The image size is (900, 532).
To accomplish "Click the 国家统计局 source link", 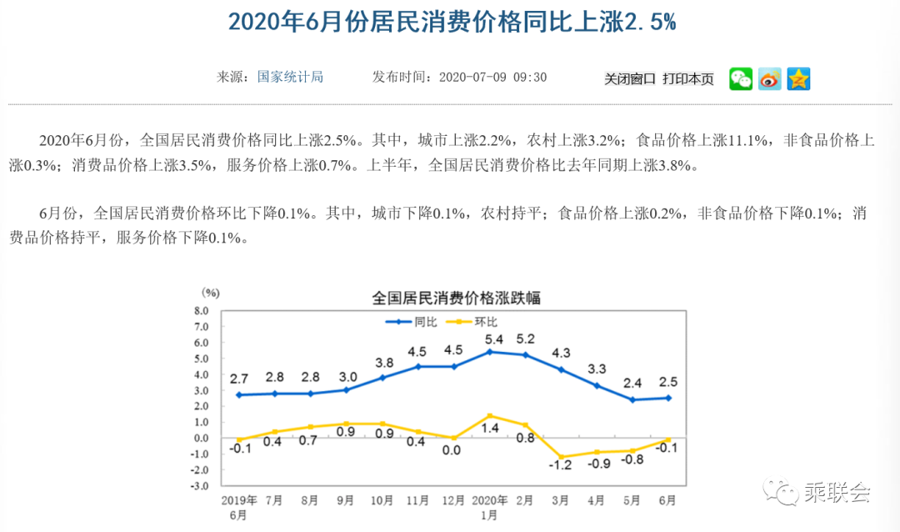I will (x=290, y=78).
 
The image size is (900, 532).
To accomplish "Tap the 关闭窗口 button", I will (x=630, y=79).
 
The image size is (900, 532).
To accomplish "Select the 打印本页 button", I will (x=688, y=79).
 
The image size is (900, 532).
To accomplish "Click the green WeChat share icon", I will (x=741, y=79).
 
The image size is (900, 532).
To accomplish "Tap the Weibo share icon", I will (x=770, y=79).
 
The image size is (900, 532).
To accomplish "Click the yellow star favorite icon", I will (x=798, y=79).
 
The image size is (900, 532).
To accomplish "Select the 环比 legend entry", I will (x=473, y=321).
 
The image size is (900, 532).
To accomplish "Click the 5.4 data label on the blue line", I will (x=493, y=339).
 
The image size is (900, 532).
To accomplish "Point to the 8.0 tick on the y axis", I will (x=201, y=310).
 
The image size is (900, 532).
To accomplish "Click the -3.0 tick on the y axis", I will (x=201, y=485).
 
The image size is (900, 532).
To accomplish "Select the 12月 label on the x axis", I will (x=453, y=501).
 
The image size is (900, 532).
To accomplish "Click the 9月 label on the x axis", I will (x=344, y=501).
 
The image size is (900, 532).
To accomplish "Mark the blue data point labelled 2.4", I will (x=632, y=399).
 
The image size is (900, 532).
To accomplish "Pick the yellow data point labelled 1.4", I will (x=490, y=415).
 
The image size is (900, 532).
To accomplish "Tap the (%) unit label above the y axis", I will (x=209, y=293).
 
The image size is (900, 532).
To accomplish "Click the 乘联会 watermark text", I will (x=836, y=493).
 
